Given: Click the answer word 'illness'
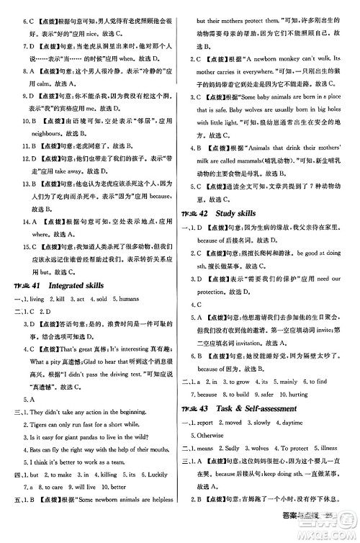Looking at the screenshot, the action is point(330,454).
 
